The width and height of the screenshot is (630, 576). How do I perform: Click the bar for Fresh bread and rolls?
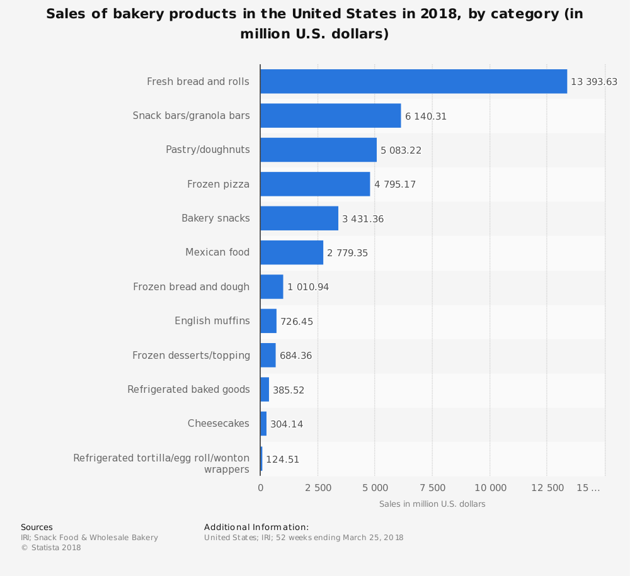click(x=413, y=81)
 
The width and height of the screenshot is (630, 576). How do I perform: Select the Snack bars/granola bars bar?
click(x=330, y=116)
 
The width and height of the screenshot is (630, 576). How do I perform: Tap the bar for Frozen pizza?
click(x=315, y=184)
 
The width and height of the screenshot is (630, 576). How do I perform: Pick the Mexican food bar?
click(x=292, y=252)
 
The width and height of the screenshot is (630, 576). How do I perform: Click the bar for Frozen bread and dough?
click(x=272, y=287)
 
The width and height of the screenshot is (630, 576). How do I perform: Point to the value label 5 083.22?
click(x=401, y=150)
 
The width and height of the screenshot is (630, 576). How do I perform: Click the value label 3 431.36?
click(x=363, y=219)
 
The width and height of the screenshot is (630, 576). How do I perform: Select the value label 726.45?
click(x=297, y=322)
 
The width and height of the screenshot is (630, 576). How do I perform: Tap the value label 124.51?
click(x=282, y=460)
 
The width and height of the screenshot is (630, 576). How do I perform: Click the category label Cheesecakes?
click(x=219, y=424)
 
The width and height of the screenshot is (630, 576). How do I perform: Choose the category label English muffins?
click(x=212, y=321)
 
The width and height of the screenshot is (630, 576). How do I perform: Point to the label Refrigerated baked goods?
click(x=188, y=390)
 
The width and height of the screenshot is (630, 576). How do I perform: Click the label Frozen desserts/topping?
click(x=191, y=356)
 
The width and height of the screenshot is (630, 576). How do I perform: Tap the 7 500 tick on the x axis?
click(x=433, y=488)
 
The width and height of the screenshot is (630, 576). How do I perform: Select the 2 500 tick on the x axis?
click(x=318, y=488)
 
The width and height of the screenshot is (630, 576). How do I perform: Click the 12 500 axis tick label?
click(x=547, y=488)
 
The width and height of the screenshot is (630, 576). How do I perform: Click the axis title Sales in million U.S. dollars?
click(x=432, y=504)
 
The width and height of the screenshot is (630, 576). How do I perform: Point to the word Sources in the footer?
click(x=37, y=528)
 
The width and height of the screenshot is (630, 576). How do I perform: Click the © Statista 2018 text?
click(x=51, y=548)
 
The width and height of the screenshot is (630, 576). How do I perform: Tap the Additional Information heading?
click(x=256, y=528)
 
